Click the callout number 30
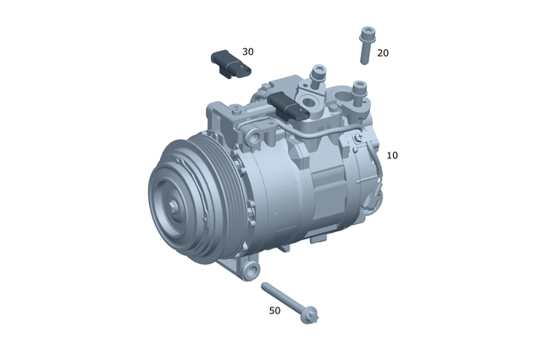click(x=247, y=52)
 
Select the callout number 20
click(x=383, y=53)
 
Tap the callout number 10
click(x=392, y=156)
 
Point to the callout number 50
click(x=274, y=311)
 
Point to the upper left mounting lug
click(x=217, y=110)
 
